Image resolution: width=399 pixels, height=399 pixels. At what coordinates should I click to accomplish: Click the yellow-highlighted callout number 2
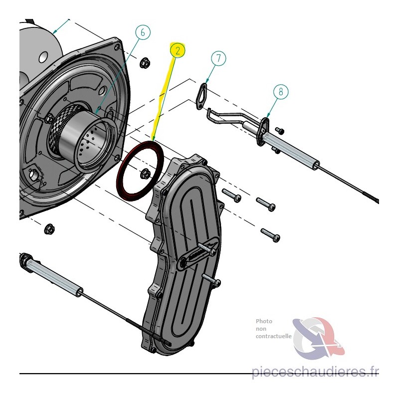point(178,50)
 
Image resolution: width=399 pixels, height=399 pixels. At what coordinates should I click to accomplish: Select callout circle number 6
point(143,32)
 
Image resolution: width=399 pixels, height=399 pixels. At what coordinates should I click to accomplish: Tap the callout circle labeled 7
point(218,58)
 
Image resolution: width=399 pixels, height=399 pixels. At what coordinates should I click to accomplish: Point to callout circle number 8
point(281,91)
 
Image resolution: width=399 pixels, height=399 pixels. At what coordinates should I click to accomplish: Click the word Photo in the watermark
point(264,321)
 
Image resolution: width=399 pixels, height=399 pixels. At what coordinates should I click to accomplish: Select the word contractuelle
point(273,336)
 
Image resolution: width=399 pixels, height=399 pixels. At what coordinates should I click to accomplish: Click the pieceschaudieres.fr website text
point(315,372)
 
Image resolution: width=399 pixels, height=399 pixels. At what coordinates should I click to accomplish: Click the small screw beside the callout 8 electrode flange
point(280,131)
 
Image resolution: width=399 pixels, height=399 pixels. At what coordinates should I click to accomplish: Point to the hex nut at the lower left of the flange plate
point(50,228)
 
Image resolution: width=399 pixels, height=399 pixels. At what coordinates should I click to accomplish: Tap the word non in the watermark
point(261,329)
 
